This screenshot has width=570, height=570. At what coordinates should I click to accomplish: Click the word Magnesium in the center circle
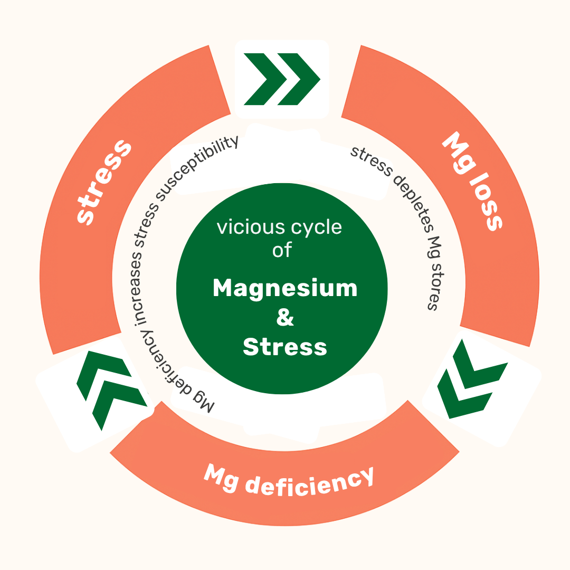tap(285, 289)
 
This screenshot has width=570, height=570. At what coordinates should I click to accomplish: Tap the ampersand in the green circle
tap(285, 318)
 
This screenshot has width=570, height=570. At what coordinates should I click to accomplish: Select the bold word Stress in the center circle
tap(285, 347)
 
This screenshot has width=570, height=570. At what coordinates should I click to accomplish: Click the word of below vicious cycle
tap(282, 250)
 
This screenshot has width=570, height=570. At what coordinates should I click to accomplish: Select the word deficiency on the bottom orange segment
tap(311, 481)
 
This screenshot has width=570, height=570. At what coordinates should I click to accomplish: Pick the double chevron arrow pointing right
tap(282, 79)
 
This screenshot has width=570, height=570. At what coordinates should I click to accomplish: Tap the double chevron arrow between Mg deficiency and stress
tap(111, 389)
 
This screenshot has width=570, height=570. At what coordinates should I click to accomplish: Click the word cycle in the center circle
tap(316, 228)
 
